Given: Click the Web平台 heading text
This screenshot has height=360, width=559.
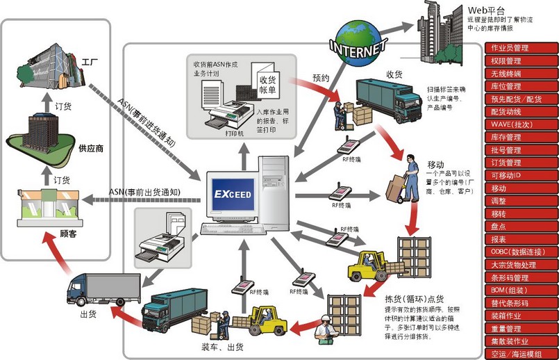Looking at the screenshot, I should pos(484,10).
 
